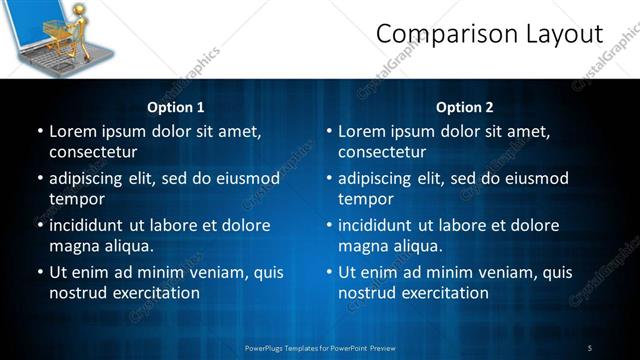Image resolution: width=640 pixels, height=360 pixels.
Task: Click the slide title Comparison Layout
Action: [489, 34]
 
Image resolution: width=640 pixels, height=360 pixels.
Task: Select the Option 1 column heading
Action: [176, 107]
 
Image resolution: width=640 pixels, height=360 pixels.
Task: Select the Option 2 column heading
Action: [465, 107]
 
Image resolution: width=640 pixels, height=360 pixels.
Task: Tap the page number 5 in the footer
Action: [590, 348]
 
